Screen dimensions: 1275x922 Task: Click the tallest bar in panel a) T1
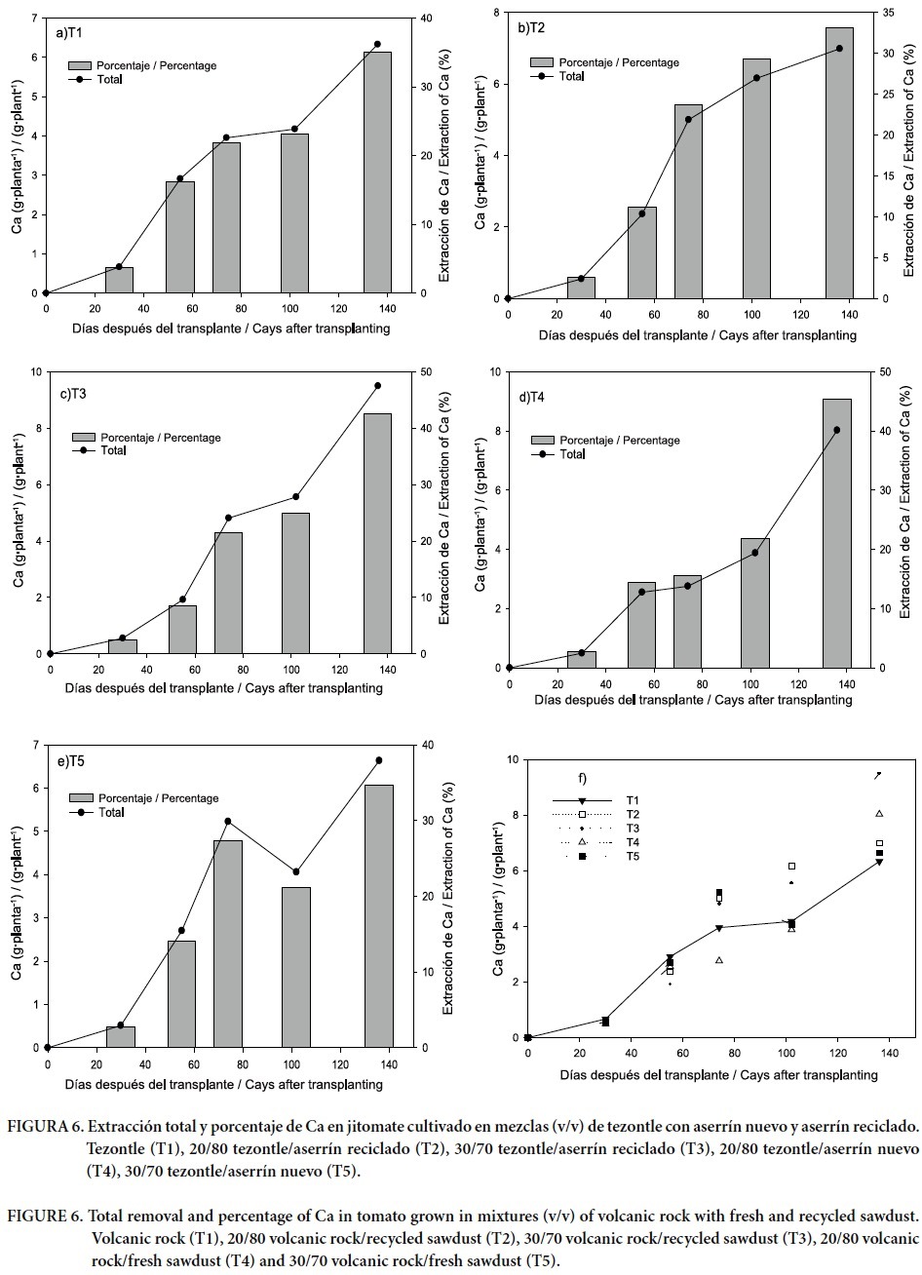(x=377, y=173)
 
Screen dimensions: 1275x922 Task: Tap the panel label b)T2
(x=531, y=27)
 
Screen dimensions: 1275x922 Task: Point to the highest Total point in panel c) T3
(x=377, y=386)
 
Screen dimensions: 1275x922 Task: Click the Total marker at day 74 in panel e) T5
(x=228, y=822)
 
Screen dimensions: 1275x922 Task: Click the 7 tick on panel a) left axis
(x=32, y=19)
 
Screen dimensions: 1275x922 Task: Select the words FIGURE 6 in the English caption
(x=42, y=1217)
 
